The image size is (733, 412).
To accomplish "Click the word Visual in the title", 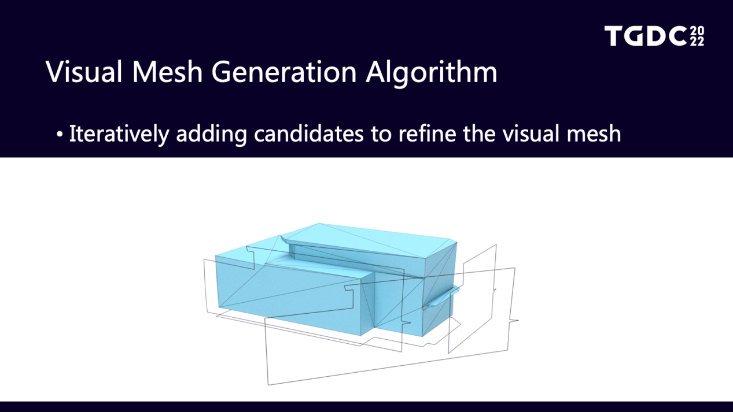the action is click(84, 72).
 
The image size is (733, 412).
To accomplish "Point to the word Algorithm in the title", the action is click(432, 73).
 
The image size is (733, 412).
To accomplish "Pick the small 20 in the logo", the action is click(697, 31).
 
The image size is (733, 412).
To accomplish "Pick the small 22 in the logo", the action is click(697, 42).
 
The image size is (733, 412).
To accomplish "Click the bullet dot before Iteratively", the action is click(59, 134).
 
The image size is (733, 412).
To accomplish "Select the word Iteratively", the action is click(119, 134).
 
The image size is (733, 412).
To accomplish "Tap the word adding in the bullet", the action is click(211, 134).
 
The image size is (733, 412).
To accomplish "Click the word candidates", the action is click(308, 133).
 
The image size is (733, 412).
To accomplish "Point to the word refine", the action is click(427, 133).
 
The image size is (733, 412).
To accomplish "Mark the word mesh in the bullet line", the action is click(594, 133).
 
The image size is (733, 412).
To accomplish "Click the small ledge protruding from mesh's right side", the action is click(442, 298).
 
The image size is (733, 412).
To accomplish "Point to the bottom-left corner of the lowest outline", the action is click(268, 385).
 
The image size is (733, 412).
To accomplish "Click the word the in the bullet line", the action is click(479, 133).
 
